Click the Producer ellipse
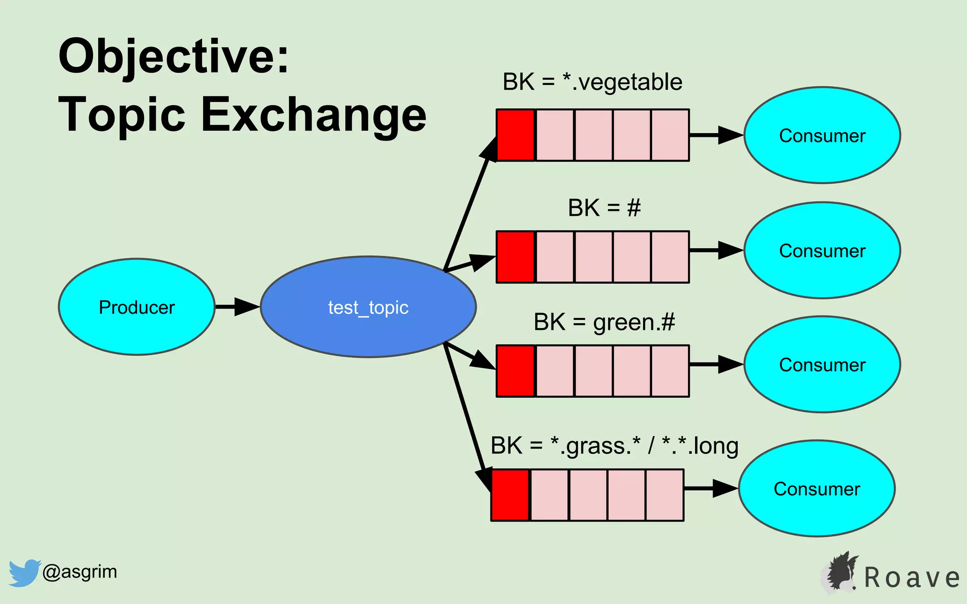point(136,307)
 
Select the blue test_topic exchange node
point(368,307)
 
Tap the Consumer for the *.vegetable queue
point(822,135)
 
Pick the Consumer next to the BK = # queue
point(822,251)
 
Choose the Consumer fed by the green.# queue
point(822,365)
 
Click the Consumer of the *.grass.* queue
point(816,489)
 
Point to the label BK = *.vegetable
point(592,82)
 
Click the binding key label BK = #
point(604,208)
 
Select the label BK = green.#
point(604,322)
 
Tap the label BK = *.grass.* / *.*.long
point(614,446)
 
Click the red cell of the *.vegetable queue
point(516,135)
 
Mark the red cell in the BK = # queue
point(516,257)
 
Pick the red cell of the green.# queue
point(516,371)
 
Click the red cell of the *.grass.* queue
point(510,495)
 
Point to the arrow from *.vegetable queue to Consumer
point(716,135)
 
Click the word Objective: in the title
point(173,57)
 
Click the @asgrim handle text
point(79,572)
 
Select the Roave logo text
point(911,578)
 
